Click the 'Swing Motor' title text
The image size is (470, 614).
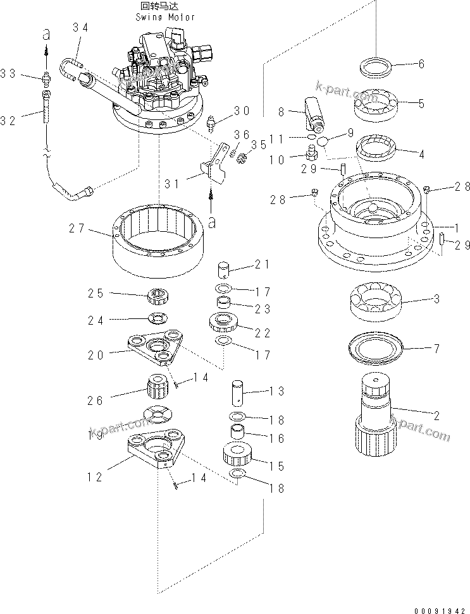click(x=166, y=18)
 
